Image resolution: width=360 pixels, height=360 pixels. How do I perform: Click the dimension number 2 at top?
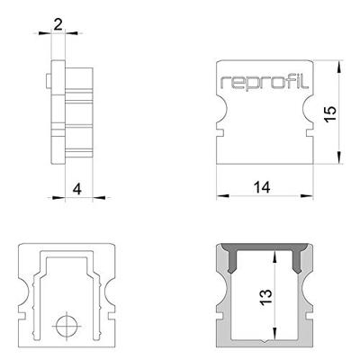[x=58, y=23]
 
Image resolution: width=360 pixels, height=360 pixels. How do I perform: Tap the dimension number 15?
[x=329, y=114]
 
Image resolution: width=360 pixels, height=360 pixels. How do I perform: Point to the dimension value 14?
[x=262, y=186]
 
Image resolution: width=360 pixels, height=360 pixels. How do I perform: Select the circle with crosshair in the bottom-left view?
[x=65, y=325]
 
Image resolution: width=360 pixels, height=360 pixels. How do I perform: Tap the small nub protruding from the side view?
[x=47, y=83]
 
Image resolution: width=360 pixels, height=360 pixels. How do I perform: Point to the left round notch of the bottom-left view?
[x=22, y=296]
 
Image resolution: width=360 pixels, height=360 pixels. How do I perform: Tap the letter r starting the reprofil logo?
[x=225, y=84]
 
